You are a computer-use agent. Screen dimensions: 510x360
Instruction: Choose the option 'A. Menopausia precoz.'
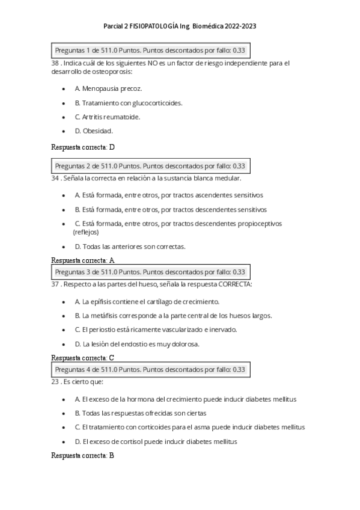[108, 88]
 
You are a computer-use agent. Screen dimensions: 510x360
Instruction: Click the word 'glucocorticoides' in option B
[157, 103]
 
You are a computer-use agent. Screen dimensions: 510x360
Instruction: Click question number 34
[56, 179]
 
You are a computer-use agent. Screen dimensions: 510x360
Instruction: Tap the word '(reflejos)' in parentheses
[86, 232]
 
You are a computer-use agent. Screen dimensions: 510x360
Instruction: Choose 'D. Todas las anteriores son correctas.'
[130, 247]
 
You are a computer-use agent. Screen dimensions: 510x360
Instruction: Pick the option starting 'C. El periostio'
[156, 330]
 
